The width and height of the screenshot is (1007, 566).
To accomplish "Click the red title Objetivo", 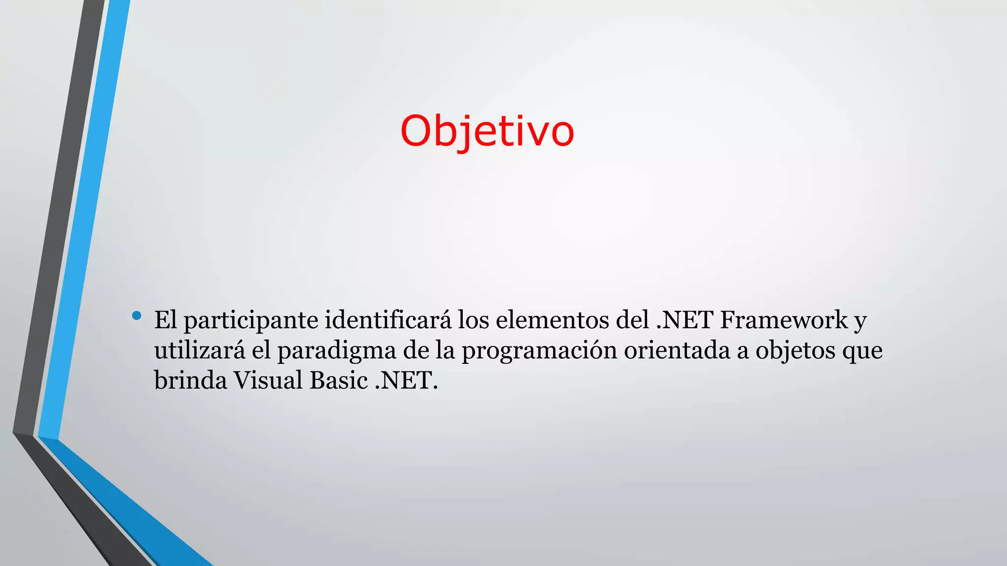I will click(487, 132).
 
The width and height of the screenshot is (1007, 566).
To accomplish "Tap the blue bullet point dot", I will click(137, 315).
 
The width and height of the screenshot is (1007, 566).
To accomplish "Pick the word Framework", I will click(784, 320).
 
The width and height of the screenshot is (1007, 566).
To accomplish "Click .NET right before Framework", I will click(684, 320).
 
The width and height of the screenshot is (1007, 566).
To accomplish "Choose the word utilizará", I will click(199, 350).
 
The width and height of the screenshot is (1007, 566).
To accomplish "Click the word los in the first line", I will click(473, 320).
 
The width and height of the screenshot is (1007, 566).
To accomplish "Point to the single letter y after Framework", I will click(859, 322).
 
